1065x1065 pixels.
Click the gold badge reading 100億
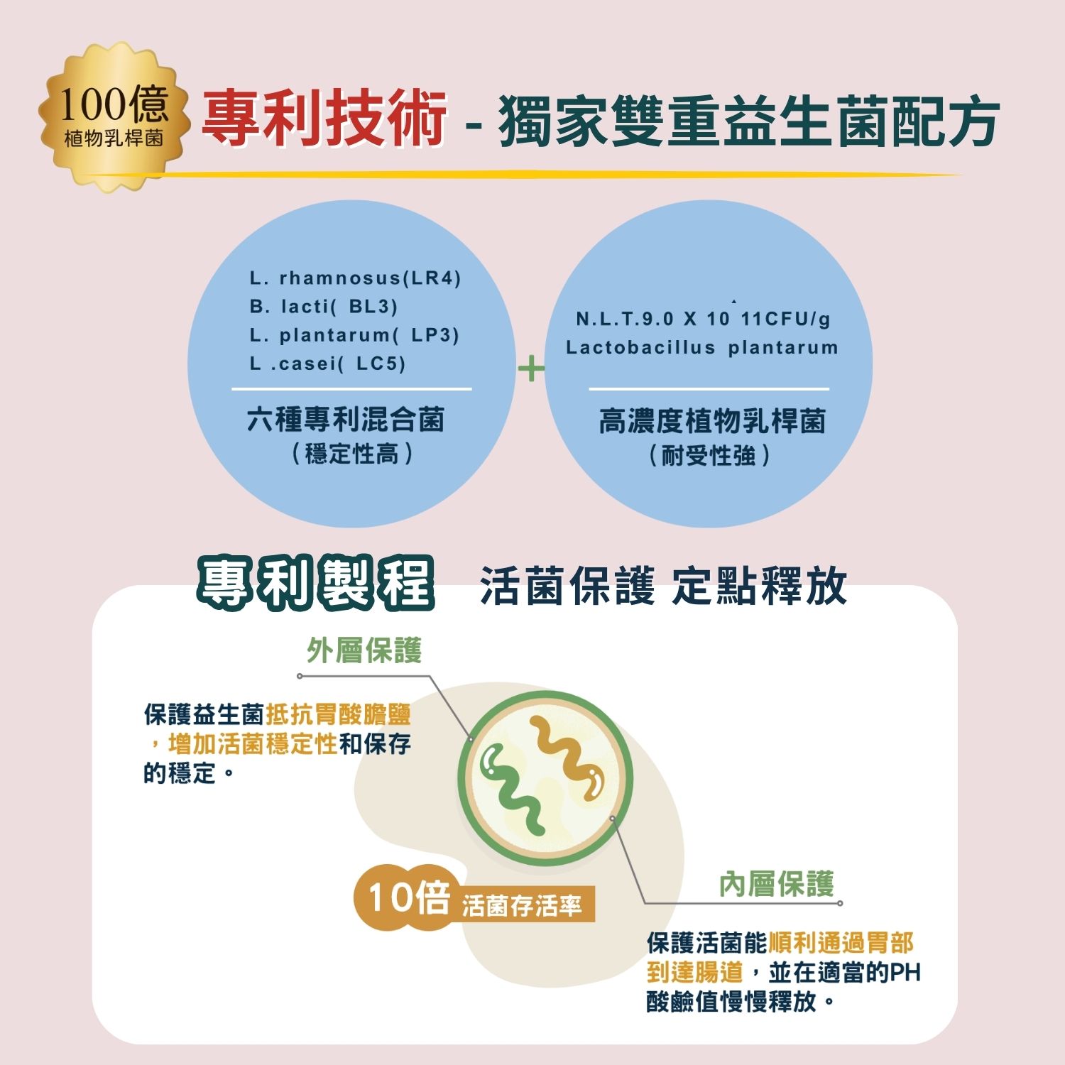click(x=114, y=117)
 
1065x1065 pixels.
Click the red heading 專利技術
click(x=324, y=119)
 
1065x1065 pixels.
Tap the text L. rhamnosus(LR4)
click(x=355, y=278)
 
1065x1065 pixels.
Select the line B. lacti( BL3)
click(x=323, y=307)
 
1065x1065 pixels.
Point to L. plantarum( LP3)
click(x=354, y=335)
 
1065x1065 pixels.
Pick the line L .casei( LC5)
click(x=327, y=364)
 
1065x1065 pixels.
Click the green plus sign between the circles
click(x=531, y=368)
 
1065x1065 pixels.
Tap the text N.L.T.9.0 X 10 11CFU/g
click(x=703, y=319)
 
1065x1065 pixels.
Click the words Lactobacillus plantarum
click(x=701, y=347)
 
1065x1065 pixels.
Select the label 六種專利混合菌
click(x=346, y=420)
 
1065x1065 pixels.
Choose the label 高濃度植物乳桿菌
click(x=712, y=421)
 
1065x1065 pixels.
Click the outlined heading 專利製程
click(x=315, y=584)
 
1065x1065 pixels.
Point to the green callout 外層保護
click(x=364, y=650)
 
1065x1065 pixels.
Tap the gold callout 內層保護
click(x=776, y=884)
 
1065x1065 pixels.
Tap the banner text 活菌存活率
click(x=522, y=905)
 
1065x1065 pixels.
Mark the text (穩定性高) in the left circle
click(x=351, y=454)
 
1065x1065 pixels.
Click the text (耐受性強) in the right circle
click(x=709, y=455)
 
